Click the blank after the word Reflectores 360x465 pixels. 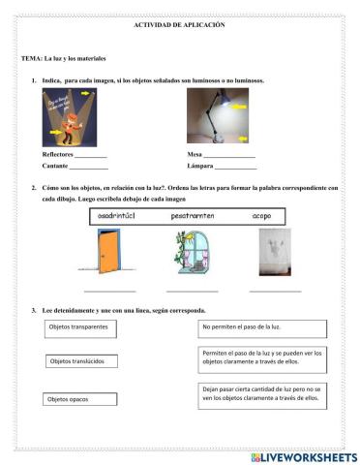pos(91,155)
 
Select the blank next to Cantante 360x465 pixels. pos(89,167)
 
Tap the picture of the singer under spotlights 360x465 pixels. pos(76,116)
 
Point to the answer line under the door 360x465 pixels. pos(109,290)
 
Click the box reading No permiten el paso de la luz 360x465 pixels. pos(264,327)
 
